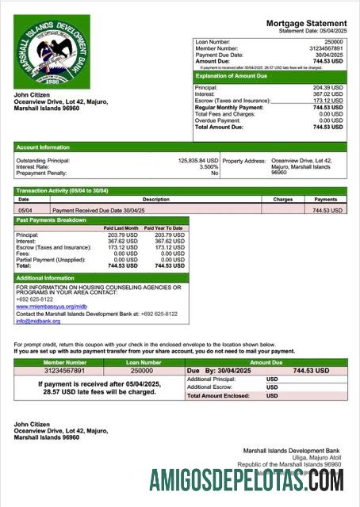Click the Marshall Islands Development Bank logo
point(52,53)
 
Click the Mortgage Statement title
point(306,24)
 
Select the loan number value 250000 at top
point(334,40)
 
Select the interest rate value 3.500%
point(209,167)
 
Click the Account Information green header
point(43,147)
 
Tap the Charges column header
point(283,200)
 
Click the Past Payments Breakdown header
point(52,220)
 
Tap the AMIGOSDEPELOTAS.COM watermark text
point(247,480)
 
